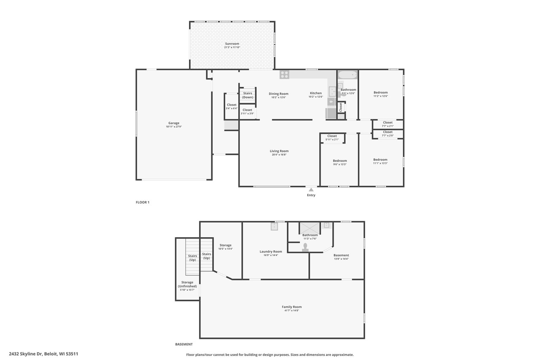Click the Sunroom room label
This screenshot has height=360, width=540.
click(232, 43)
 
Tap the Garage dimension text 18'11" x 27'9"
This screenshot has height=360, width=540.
click(174, 127)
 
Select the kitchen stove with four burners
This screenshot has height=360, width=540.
click(284, 75)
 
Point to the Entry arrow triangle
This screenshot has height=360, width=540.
click(311, 190)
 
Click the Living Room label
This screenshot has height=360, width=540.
click(279, 151)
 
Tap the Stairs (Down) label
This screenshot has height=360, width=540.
click(248, 95)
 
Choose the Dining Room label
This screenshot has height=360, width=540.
click(278, 94)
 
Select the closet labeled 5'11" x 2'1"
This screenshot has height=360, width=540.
click(332, 138)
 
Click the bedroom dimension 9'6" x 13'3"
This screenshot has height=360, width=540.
click(340, 165)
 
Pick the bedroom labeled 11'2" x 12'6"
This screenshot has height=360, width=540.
click(381, 94)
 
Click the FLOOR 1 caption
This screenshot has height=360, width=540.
click(143, 202)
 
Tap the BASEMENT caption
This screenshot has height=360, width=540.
click(184, 344)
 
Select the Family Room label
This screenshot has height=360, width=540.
click(292, 307)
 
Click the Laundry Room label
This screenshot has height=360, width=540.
click(271, 252)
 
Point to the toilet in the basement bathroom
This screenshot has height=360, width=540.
click(305, 247)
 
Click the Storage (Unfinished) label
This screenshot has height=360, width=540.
click(187, 284)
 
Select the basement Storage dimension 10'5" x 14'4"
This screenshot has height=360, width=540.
click(225, 249)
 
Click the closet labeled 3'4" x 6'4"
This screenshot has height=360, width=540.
click(232, 106)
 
